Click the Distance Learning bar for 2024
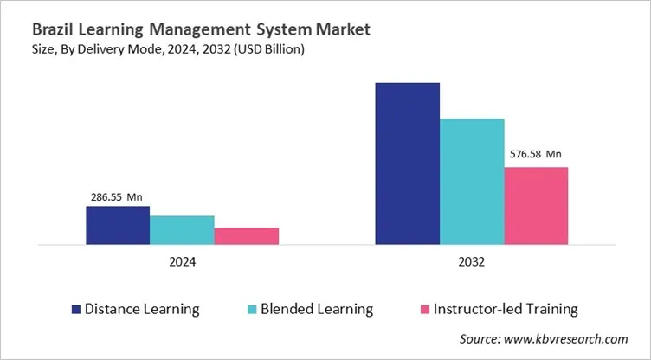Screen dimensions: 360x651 pos(118,225)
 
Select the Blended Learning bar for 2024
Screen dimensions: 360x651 pos(182,230)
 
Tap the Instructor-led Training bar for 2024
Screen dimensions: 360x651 pos(246,236)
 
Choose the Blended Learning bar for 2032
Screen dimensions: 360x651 pos(471,182)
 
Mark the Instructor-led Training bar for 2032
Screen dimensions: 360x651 pos(535,206)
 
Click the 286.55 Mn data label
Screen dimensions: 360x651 pos(116,196)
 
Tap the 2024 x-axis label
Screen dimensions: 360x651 pos(182,262)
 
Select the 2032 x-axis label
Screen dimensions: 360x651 pos(471,262)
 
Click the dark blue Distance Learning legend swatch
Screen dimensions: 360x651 pos(76,309)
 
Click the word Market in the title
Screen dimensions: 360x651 pos(340,29)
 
